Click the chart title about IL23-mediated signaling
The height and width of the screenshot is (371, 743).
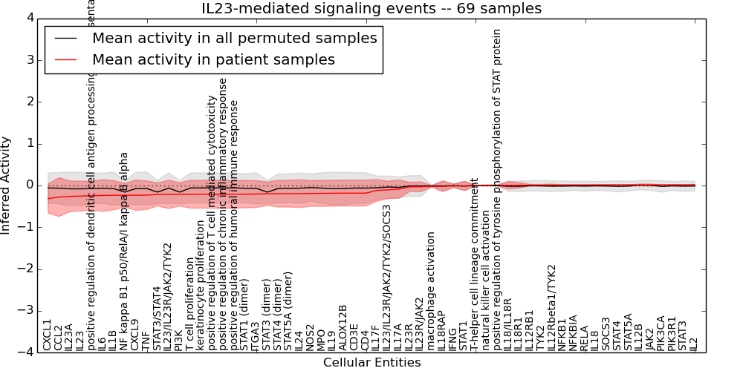pos(371,9)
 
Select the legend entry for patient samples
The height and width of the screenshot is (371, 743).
pos(213,59)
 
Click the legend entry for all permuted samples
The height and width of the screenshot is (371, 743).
pos(234,38)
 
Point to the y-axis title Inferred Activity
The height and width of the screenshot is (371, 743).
pos(7,185)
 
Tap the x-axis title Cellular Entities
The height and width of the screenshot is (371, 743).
pos(371,362)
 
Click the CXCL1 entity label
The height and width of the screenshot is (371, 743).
pos(48,335)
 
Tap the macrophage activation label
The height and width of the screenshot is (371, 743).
pos(432,291)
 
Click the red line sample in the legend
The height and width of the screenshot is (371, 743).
pos(65,59)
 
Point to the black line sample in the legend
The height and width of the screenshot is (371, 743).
pos(65,38)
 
